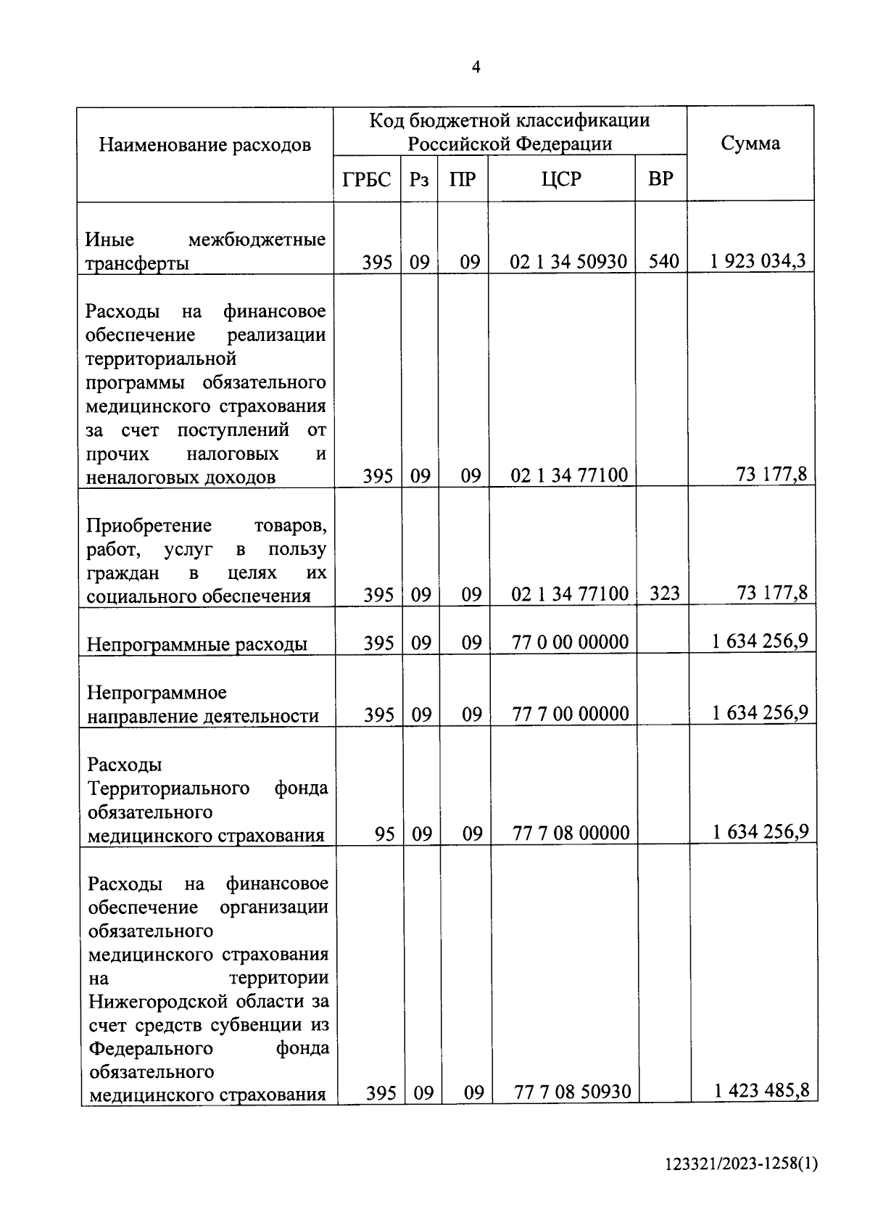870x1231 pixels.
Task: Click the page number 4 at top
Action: [x=476, y=67]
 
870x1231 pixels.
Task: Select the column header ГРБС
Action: [x=367, y=178]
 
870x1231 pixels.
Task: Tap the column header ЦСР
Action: [x=561, y=178]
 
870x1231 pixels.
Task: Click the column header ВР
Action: [x=660, y=178]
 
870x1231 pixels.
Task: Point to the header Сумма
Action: [x=750, y=143]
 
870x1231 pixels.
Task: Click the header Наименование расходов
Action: [x=204, y=144]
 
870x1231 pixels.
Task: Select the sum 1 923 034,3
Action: [x=758, y=260]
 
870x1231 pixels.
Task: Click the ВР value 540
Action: [x=663, y=261]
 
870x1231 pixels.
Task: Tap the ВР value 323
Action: [x=664, y=594]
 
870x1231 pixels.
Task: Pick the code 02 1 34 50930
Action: [x=568, y=261]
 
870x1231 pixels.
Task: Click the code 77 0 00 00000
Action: [x=570, y=642]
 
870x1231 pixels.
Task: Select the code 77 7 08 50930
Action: [x=572, y=1091]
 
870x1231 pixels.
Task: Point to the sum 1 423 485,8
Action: [x=761, y=1090]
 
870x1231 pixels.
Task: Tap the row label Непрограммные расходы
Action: [x=197, y=644]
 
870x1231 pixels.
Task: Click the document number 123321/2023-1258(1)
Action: [x=742, y=1164]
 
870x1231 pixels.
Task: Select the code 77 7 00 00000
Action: [x=571, y=714]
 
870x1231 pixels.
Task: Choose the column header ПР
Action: [x=463, y=178]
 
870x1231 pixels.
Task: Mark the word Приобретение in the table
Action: [x=149, y=525]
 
